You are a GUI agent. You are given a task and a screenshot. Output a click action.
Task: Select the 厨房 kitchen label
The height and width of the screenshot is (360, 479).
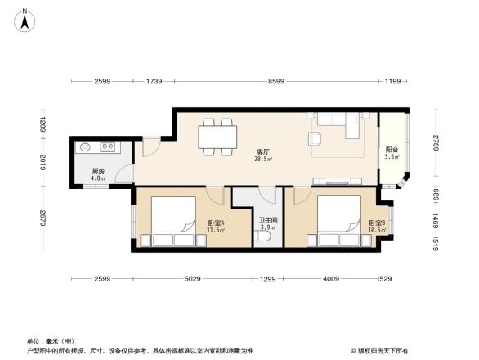coord(98,171)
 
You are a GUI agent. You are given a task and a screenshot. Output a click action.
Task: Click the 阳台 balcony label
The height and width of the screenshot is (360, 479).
coord(392,149)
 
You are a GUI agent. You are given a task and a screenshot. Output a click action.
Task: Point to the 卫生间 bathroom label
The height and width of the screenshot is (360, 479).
coord(269,219)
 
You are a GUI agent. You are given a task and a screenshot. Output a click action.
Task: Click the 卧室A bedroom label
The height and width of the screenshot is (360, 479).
coord(216,223)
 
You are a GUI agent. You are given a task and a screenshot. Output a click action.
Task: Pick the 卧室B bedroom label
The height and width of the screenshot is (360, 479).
coord(376,223)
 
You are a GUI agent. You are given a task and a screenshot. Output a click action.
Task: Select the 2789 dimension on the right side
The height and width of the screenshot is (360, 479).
coord(437,148)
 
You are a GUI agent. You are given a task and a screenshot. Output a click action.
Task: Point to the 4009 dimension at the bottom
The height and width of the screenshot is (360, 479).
coord(332,280)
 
